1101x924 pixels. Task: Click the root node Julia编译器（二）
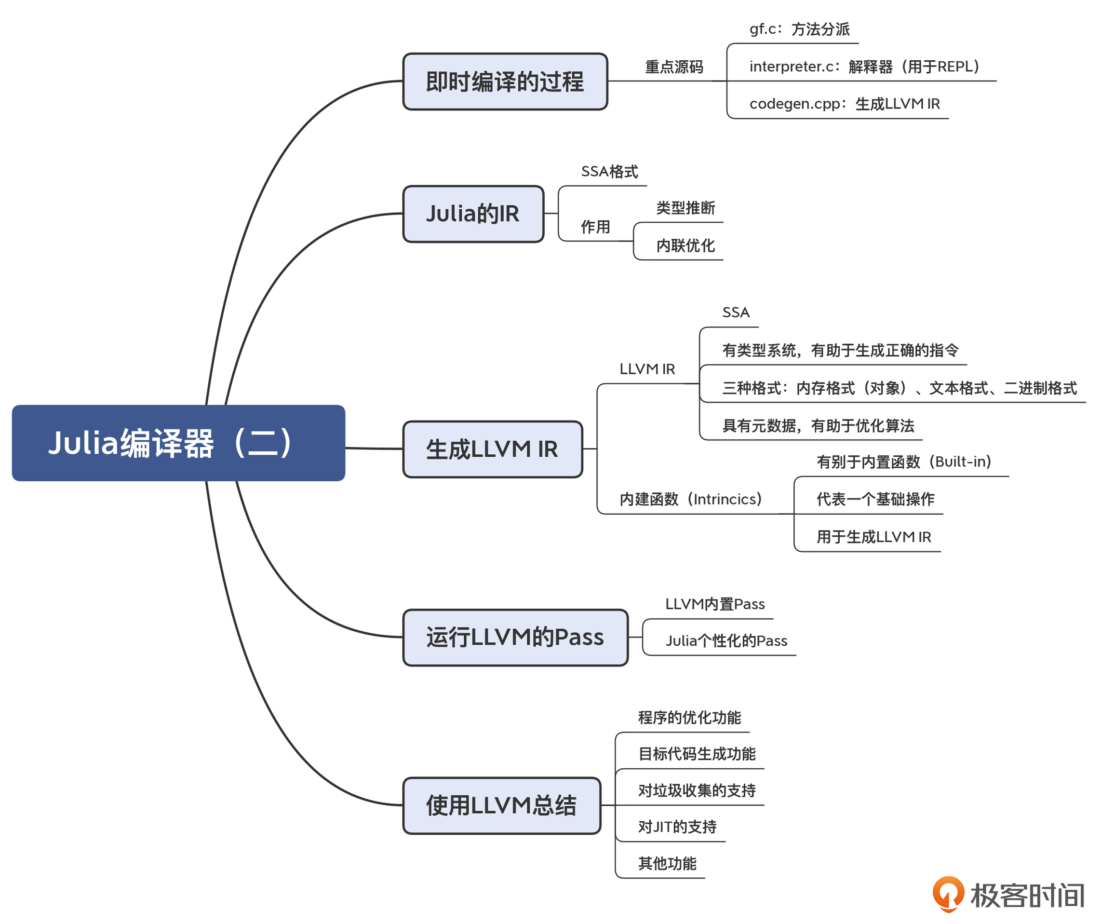(x=178, y=443)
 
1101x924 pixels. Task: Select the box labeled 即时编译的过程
(x=505, y=82)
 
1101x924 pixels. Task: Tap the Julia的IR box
(x=473, y=214)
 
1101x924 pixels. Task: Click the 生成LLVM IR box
(x=492, y=449)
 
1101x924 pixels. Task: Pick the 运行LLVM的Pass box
(x=515, y=638)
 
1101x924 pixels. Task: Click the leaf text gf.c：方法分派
(x=799, y=29)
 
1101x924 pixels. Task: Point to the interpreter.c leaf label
(x=864, y=67)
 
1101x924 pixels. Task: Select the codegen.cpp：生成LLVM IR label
(x=844, y=104)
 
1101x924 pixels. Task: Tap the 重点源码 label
(x=674, y=67)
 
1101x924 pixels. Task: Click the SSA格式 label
(x=609, y=172)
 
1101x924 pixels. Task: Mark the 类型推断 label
(x=685, y=208)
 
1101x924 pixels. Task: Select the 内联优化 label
(x=685, y=245)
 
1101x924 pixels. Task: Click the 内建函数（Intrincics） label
(x=690, y=499)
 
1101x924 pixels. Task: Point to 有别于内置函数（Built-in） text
(x=904, y=462)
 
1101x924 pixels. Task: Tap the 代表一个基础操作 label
(x=875, y=499)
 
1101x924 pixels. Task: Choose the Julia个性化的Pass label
(x=726, y=641)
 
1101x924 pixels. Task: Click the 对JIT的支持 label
(x=677, y=827)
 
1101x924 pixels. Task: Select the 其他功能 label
(x=667, y=864)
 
